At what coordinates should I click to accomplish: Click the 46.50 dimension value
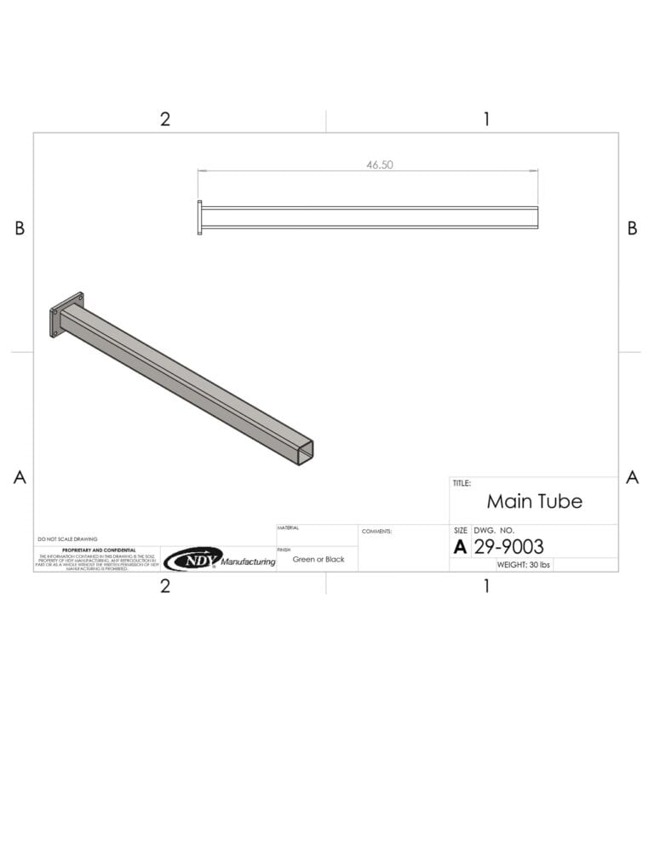[x=380, y=165]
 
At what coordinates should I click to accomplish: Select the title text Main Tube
[x=534, y=501]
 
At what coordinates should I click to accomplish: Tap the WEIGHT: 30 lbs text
[x=524, y=565]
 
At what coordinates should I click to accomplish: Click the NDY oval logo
[x=192, y=559]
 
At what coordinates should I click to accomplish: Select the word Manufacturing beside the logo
[x=248, y=562]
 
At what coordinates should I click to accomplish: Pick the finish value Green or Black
[x=318, y=560]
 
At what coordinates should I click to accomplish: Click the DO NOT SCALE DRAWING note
[x=67, y=539]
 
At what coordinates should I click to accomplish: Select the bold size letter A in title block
[x=460, y=547]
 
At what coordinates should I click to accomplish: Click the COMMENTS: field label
[x=376, y=531]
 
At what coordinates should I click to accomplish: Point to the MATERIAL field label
[x=288, y=528]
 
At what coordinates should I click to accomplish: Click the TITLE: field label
[x=461, y=483]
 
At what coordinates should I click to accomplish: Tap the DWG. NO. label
[x=495, y=530]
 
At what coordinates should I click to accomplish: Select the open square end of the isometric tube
[x=305, y=452]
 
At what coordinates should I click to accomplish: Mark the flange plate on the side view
[x=200, y=217]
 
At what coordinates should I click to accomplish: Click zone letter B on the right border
[x=632, y=228]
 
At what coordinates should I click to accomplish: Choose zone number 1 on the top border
[x=486, y=119]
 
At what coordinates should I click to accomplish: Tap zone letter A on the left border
[x=20, y=478]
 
